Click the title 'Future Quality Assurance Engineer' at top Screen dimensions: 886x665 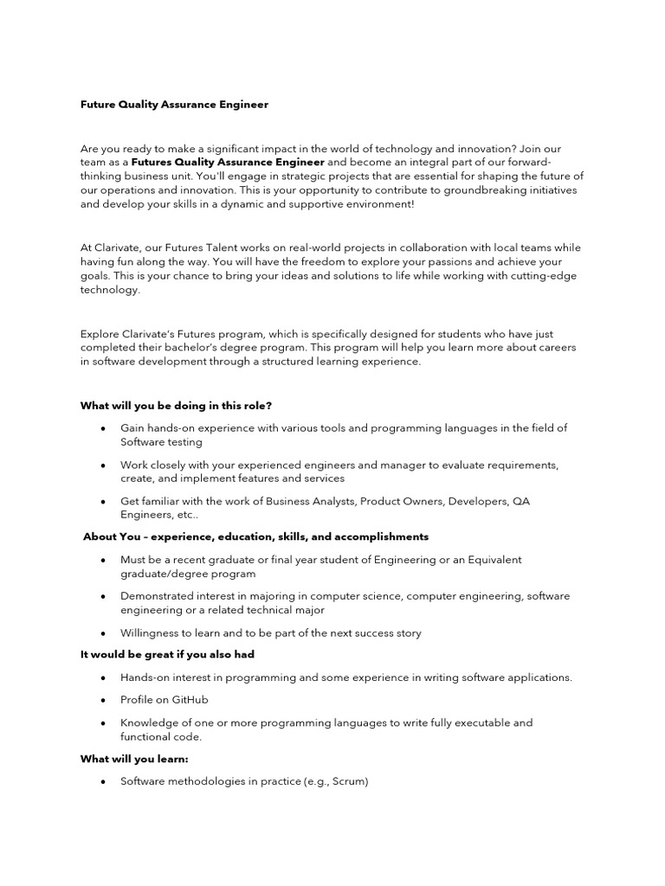(174, 105)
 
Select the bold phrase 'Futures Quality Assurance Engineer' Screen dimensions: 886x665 (229, 162)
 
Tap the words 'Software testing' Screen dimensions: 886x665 (161, 442)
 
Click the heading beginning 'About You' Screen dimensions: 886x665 (255, 537)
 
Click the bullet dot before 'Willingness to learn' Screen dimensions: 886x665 (103, 633)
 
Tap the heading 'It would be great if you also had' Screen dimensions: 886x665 (167, 655)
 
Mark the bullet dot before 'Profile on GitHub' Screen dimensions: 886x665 (103, 700)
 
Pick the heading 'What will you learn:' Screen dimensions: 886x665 (134, 759)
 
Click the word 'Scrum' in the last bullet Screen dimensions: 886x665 (348, 781)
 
